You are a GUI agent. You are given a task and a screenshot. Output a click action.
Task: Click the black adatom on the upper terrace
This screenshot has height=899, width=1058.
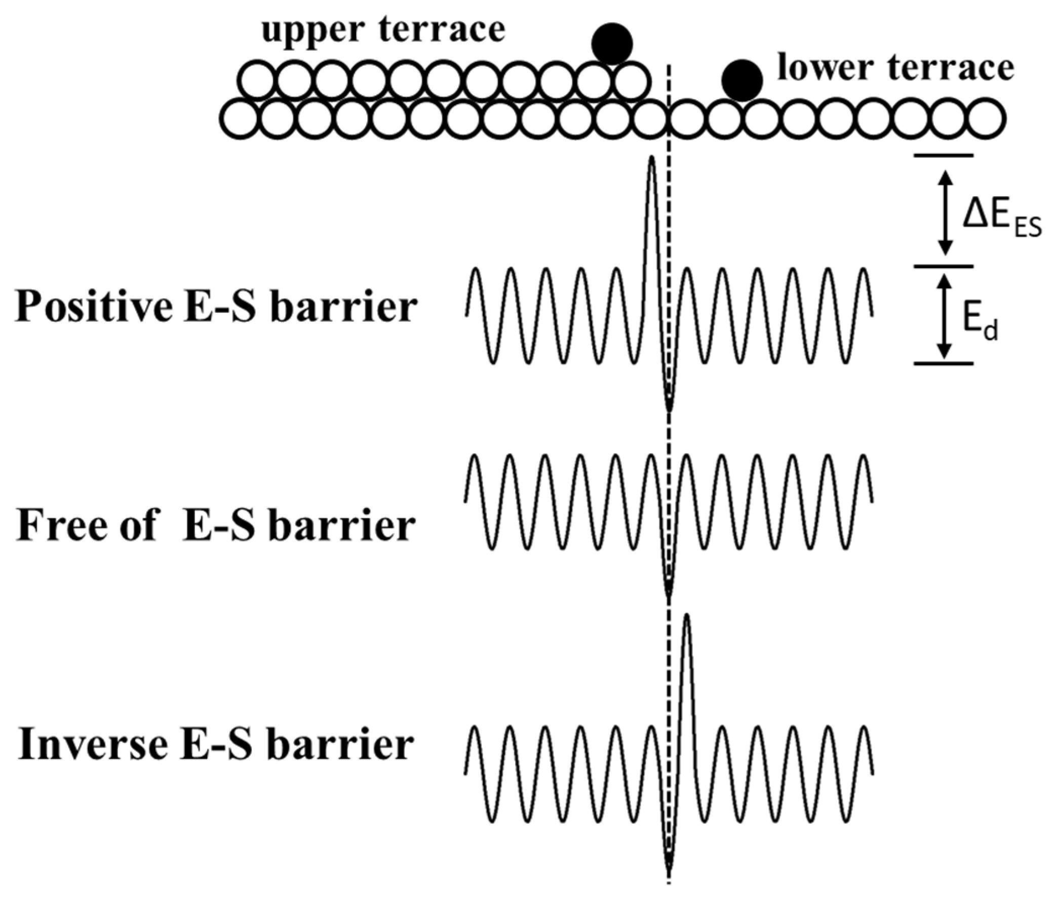click(612, 44)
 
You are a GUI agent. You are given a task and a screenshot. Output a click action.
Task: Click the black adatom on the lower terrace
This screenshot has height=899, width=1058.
click(742, 80)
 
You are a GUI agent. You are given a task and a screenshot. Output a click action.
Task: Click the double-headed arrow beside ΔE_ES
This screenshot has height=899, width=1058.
click(945, 212)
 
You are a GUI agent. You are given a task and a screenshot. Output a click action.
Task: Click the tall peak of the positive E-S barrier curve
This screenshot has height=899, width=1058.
click(651, 159)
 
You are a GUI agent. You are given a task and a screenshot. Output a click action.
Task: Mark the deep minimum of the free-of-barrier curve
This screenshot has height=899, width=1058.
click(668, 594)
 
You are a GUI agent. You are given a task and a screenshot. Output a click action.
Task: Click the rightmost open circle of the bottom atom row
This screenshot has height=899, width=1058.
click(987, 119)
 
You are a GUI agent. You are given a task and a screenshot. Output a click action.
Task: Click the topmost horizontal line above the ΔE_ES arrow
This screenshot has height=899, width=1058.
click(943, 155)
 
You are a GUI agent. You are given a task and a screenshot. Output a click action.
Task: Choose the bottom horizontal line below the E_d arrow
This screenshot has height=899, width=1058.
click(943, 363)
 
